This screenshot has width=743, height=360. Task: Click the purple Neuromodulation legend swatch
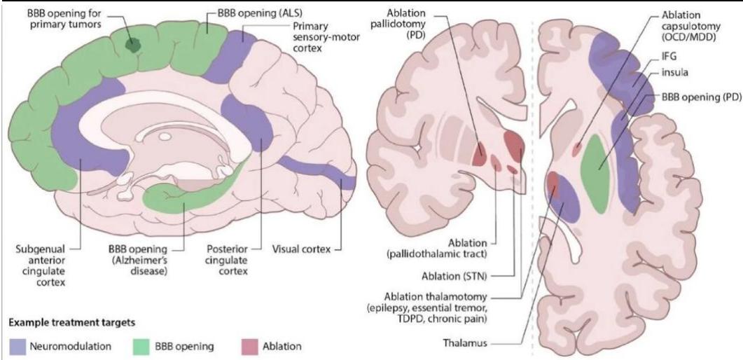click(16, 346)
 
